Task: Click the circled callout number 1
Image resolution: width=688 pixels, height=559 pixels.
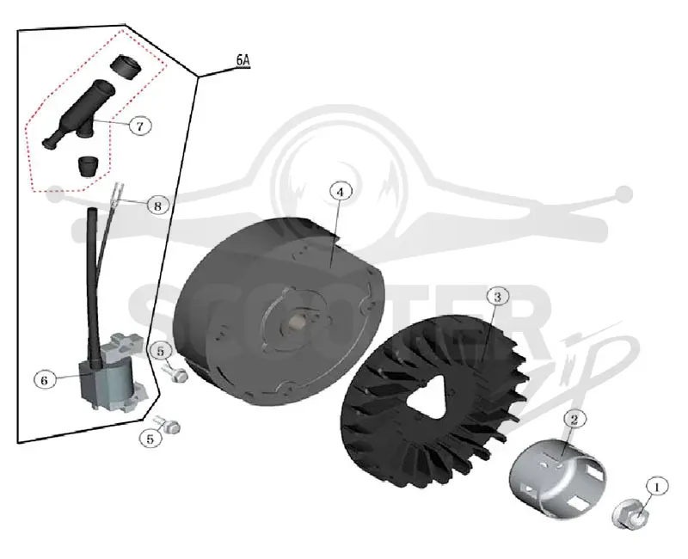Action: click(x=657, y=487)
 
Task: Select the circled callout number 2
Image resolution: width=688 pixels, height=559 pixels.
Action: click(x=574, y=420)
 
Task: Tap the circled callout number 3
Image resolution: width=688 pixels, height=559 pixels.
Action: click(x=497, y=297)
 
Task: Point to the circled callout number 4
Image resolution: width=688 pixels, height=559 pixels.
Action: click(x=341, y=192)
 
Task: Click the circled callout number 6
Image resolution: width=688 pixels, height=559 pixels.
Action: click(x=44, y=380)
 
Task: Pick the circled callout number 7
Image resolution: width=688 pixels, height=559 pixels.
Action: click(x=140, y=126)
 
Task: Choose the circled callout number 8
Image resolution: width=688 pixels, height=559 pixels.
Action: click(x=157, y=205)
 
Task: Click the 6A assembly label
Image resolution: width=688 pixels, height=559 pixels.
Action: click(x=243, y=60)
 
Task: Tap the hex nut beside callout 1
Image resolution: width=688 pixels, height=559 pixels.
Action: click(x=630, y=515)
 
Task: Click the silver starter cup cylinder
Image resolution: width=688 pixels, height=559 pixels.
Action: click(x=557, y=482)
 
